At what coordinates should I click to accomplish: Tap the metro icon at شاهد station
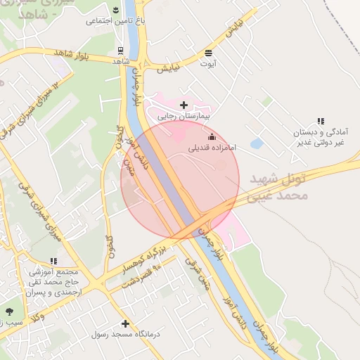(121, 51)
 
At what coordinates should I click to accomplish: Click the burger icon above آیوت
(208, 53)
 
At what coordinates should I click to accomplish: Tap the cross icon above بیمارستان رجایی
(184, 105)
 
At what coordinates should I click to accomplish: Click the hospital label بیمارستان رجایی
(184, 116)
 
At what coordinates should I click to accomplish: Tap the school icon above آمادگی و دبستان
(321, 121)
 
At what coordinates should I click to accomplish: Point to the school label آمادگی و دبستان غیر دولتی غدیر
(321, 137)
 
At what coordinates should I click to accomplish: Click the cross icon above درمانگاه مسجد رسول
(125, 323)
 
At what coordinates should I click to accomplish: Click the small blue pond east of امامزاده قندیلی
(257, 143)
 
